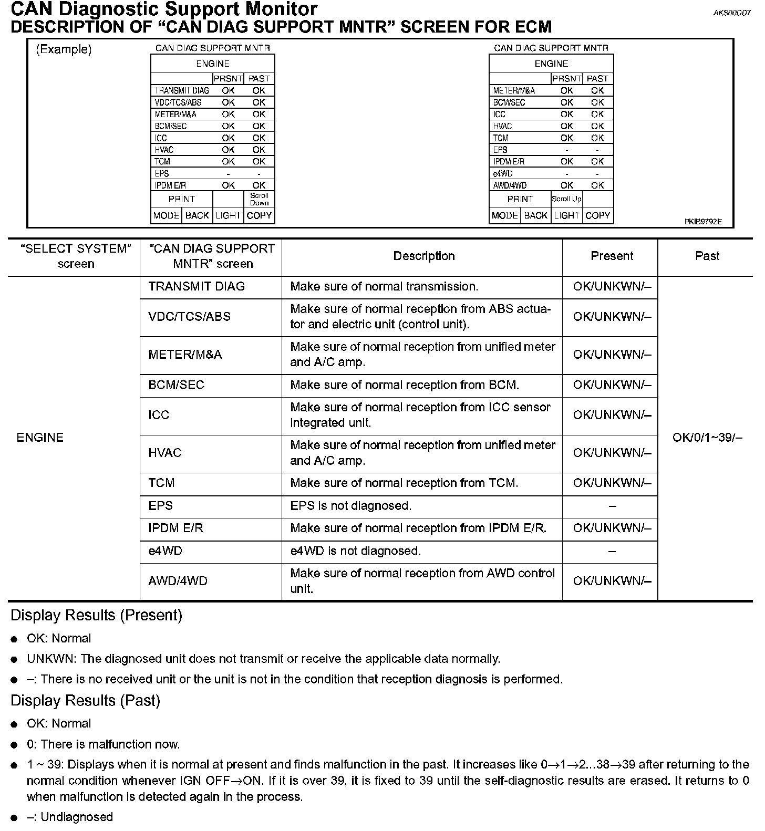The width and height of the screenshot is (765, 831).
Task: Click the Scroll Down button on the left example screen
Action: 259,199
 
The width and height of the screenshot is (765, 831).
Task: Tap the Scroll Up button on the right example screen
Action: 566,199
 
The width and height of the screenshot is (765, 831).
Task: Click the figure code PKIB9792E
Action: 702,222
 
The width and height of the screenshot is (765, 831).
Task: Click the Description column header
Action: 424,256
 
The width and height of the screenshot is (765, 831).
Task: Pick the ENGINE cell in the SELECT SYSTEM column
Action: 40,438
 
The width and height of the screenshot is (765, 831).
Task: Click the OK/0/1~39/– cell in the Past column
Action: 707,438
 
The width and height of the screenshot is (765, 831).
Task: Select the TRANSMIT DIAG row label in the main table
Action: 197,287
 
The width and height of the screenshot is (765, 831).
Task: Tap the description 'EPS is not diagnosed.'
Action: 350,506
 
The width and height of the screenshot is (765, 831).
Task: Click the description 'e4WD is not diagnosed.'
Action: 356,551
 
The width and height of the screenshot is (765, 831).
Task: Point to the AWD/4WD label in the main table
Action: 178,581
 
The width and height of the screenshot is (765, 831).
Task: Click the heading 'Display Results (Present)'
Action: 96,615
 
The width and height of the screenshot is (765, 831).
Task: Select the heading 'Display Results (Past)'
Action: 85,701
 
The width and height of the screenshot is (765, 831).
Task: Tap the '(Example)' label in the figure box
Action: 64,49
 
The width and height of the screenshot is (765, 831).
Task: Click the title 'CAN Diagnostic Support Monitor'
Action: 164,9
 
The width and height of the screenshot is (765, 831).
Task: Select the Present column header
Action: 612,256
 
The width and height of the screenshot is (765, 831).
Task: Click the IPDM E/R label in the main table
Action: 175,528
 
